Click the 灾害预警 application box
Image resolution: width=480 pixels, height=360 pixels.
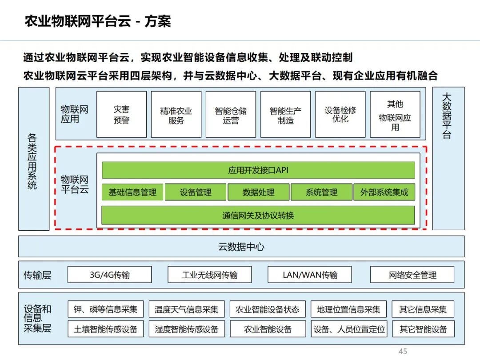click(121, 114)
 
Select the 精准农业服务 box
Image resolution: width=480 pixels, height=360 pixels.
click(176, 114)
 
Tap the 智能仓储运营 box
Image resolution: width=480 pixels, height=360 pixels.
click(231, 114)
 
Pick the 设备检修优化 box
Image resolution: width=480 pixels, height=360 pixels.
click(340, 114)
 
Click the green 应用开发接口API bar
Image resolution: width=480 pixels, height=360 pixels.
click(258, 170)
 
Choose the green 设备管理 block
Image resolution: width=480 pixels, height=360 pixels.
click(196, 192)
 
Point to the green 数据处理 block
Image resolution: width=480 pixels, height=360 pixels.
click(259, 192)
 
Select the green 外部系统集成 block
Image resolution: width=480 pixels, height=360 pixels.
click(384, 192)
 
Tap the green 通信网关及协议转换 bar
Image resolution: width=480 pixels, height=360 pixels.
click(258, 215)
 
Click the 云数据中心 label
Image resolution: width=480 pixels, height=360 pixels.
click(241, 247)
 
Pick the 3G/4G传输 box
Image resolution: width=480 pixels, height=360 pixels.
click(110, 275)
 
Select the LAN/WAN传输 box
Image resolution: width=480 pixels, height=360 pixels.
click(310, 275)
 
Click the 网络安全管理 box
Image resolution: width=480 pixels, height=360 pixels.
click(412, 275)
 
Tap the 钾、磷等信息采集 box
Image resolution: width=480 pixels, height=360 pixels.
click(106, 309)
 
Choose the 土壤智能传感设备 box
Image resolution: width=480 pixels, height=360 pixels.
click(106, 329)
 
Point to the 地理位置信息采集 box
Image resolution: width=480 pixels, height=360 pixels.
click(349, 309)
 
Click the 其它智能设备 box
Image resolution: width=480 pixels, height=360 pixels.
click(424, 329)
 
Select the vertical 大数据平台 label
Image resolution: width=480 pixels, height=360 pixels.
click(447, 116)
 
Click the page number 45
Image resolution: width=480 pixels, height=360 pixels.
click(403, 352)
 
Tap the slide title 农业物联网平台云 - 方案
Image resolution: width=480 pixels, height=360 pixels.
click(98, 21)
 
